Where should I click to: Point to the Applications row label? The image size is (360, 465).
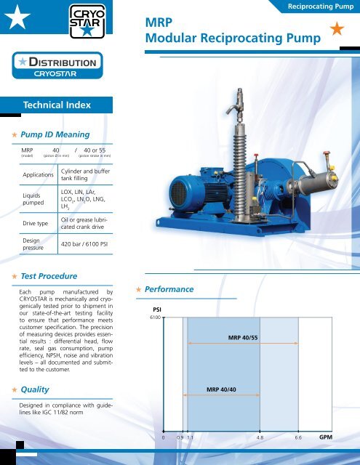(x=38, y=175)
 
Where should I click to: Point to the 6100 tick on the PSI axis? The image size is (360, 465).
(x=154, y=318)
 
